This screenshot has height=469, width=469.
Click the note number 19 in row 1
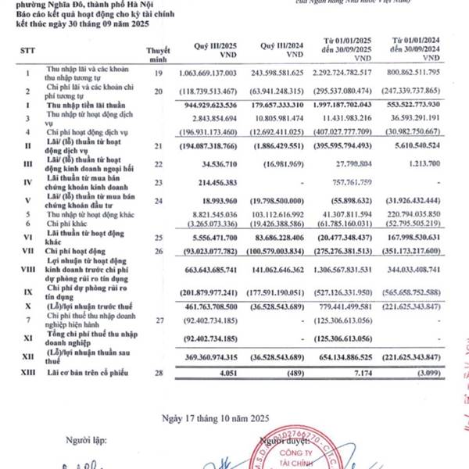tap(159, 73)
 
